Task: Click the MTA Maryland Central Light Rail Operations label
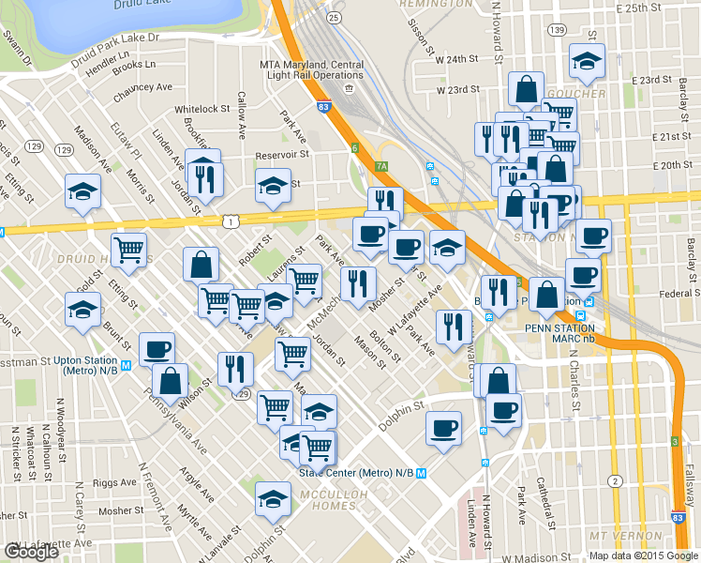click(x=310, y=69)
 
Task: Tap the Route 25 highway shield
click(x=333, y=17)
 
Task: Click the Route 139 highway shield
click(x=558, y=30)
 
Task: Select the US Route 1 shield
click(x=231, y=220)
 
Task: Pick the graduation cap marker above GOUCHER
click(x=588, y=61)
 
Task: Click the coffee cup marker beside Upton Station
click(x=157, y=349)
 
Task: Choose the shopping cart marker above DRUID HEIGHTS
click(x=128, y=250)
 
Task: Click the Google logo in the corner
click(x=31, y=552)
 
